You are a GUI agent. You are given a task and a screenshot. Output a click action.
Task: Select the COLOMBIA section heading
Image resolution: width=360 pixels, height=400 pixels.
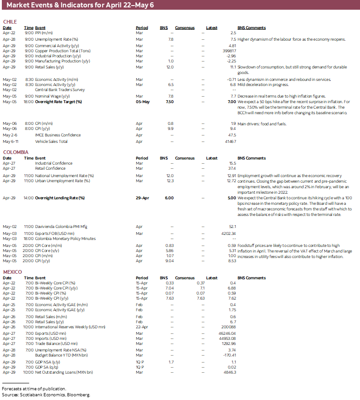(x=16, y=152)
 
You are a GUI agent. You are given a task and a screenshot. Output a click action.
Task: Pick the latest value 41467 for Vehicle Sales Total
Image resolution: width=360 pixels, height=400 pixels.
(x=229, y=141)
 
